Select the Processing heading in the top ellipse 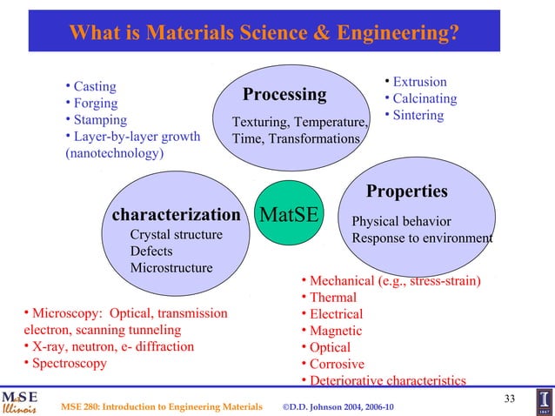click(284, 94)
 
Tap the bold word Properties click(406, 191)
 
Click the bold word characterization click(176, 214)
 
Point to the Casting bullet click(95, 86)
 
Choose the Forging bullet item click(96, 103)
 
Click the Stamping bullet click(100, 119)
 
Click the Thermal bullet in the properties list click(333, 298)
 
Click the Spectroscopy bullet click(69, 363)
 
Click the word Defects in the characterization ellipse click(151, 252)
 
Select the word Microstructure click(171, 267)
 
